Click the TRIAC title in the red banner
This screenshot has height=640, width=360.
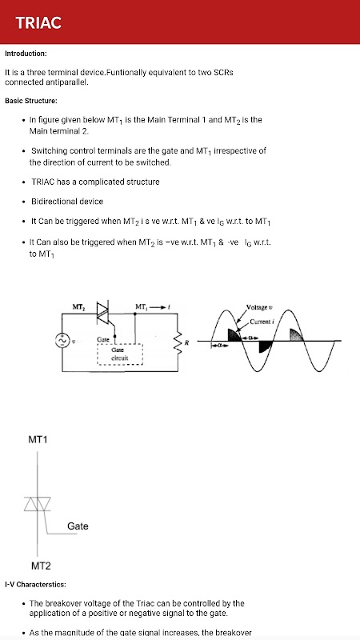[x=38, y=22]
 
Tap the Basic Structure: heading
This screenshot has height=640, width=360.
[x=31, y=101]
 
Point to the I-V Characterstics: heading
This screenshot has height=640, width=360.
[x=35, y=585]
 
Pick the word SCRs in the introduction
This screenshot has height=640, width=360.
[x=224, y=73]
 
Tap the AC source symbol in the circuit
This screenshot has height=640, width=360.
[x=62, y=341]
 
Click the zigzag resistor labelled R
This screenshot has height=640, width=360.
[x=178, y=343]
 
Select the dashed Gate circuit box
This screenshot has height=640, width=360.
[x=119, y=354]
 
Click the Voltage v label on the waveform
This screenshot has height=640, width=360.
[x=257, y=307]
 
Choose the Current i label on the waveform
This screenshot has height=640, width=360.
[x=262, y=322]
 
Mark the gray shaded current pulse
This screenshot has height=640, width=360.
[x=296, y=334]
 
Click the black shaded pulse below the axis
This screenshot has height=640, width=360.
[x=265, y=346]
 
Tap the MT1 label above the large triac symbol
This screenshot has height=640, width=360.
[x=38, y=439]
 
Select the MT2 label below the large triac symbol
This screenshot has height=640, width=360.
[x=41, y=566]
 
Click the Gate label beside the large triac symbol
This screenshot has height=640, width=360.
[x=78, y=526]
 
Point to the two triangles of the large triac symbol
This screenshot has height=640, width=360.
[x=37, y=504]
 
